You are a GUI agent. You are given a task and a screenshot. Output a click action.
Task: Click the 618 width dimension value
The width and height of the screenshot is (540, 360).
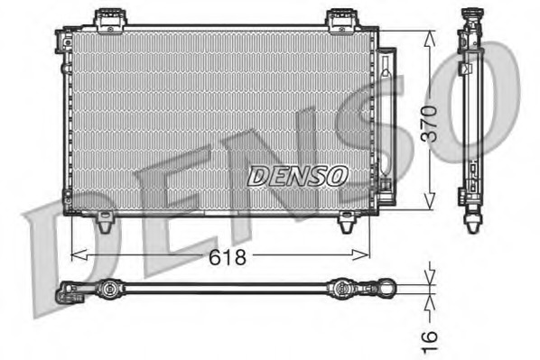point(227,257)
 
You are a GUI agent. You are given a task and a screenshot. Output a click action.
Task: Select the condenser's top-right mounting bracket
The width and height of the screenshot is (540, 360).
point(342,18)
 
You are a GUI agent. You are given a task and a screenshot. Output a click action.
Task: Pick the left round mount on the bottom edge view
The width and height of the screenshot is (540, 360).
point(108,290)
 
